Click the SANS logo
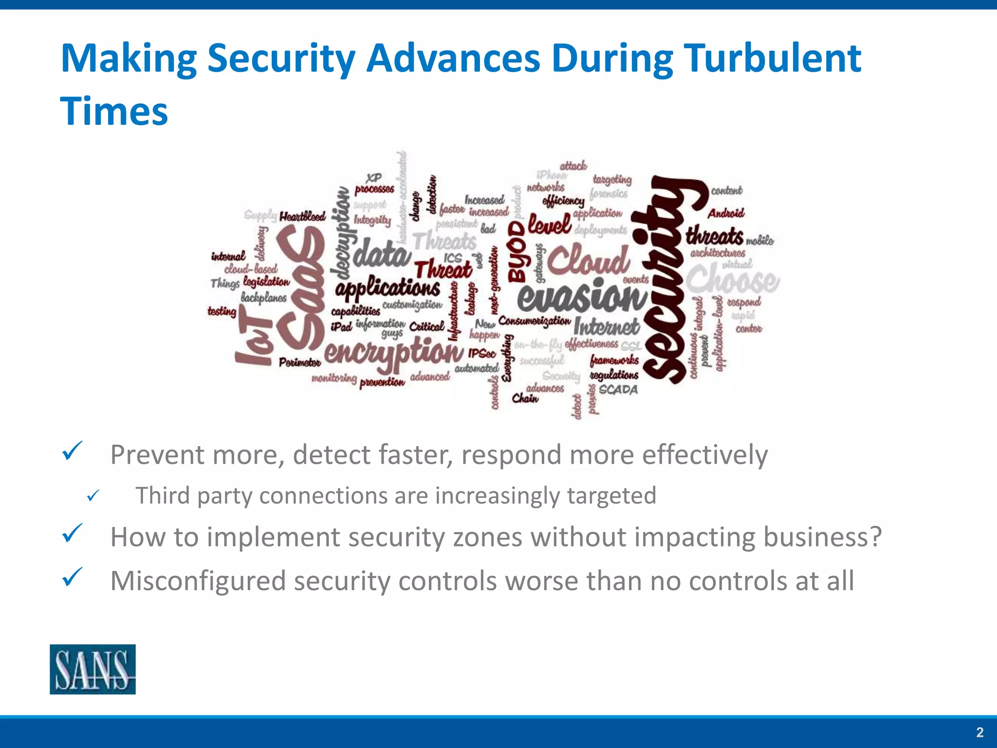coord(92,669)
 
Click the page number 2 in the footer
coord(979,732)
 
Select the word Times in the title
coord(114,112)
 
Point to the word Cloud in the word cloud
coord(589,260)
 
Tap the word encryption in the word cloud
coord(393,352)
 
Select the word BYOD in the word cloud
coord(517,252)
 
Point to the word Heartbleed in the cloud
coord(302,216)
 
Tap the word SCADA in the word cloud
coord(618,390)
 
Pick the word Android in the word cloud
coord(726,213)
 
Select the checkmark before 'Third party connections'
coord(93,496)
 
